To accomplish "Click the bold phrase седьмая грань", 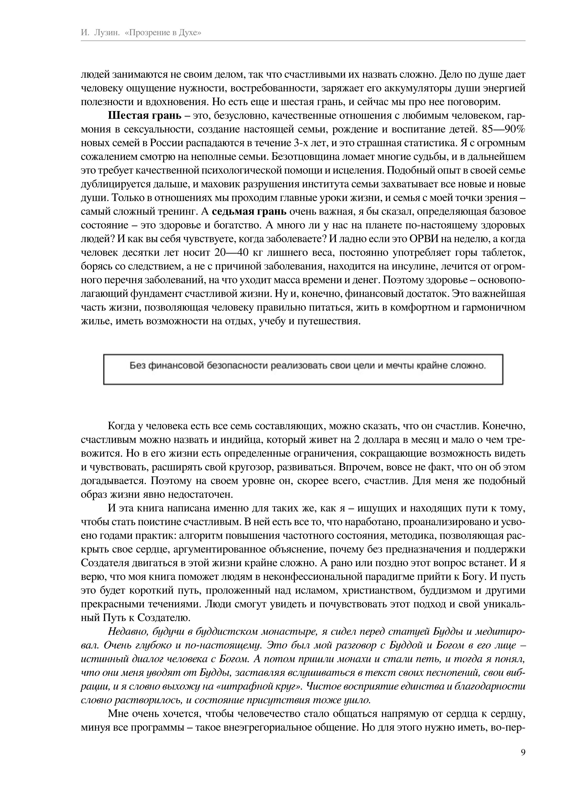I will (249, 211).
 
